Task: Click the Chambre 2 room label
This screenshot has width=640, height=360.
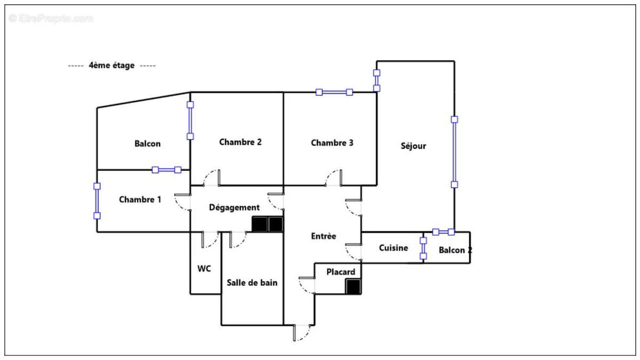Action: click(x=241, y=142)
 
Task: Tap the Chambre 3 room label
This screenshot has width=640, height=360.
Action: click(x=332, y=142)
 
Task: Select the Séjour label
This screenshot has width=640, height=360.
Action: click(x=413, y=146)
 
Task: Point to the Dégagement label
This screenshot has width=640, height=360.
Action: click(x=234, y=207)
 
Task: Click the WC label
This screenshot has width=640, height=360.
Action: click(x=204, y=269)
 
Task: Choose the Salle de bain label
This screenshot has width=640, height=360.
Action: click(x=252, y=283)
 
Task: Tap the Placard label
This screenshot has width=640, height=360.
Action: click(x=341, y=271)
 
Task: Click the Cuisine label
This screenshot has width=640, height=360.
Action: click(x=394, y=247)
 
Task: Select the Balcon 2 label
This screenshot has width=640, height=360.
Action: click(x=455, y=250)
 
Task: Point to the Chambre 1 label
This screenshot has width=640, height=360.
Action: click(x=140, y=199)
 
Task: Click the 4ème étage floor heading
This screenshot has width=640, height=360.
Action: click(x=111, y=66)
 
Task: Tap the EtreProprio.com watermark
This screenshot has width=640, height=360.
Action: click(x=51, y=19)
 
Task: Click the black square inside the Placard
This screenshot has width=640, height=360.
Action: click(x=353, y=286)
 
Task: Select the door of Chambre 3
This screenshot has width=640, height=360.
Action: click(x=333, y=178)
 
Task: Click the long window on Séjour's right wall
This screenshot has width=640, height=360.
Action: click(x=454, y=152)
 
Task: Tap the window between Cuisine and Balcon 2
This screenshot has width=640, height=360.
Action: click(x=423, y=249)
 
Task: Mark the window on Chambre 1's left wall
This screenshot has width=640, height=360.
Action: click(x=97, y=201)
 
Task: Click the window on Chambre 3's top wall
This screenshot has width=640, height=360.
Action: click(x=334, y=92)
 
